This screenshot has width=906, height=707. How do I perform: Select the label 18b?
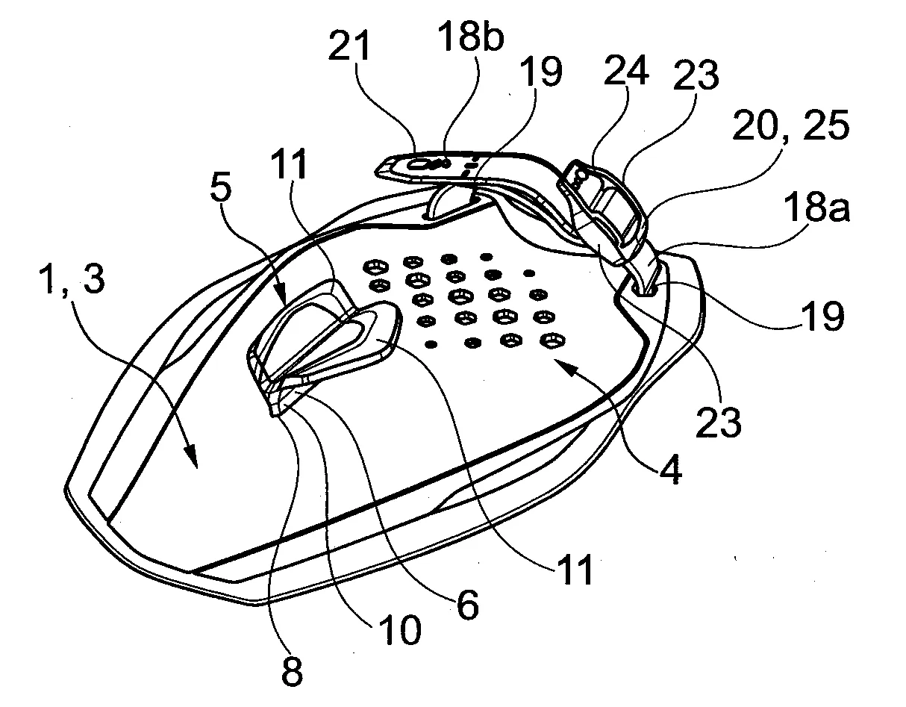471,37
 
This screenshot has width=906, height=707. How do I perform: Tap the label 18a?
816,208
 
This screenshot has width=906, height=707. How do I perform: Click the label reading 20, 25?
790,125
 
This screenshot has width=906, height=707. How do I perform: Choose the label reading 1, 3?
72,279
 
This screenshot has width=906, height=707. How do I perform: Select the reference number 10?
400,630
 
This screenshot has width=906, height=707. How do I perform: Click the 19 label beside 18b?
541,72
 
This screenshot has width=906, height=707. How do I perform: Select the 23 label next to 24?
696,75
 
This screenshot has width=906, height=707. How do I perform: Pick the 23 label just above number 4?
719,422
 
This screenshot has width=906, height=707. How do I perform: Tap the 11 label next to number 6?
576,570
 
